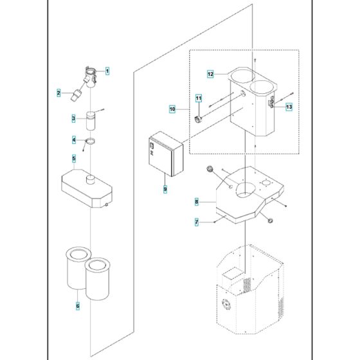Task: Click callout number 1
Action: (107, 71)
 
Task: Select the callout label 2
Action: (59, 93)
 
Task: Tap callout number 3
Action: (73, 118)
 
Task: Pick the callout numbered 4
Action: (74, 139)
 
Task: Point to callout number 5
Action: (74, 158)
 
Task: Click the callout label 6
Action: (78, 306)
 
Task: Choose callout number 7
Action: (197, 222)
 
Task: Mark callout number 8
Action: (197, 202)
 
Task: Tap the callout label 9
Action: (165, 189)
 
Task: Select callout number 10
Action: (172, 109)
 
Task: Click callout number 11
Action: (199, 98)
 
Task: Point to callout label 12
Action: (210, 74)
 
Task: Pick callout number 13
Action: (289, 107)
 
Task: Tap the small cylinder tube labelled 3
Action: (91, 121)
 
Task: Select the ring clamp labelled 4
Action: (90, 141)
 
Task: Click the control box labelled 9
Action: (166, 154)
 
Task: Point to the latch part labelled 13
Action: (271, 102)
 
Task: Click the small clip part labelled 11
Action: (198, 120)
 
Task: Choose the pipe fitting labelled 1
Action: (90, 77)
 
